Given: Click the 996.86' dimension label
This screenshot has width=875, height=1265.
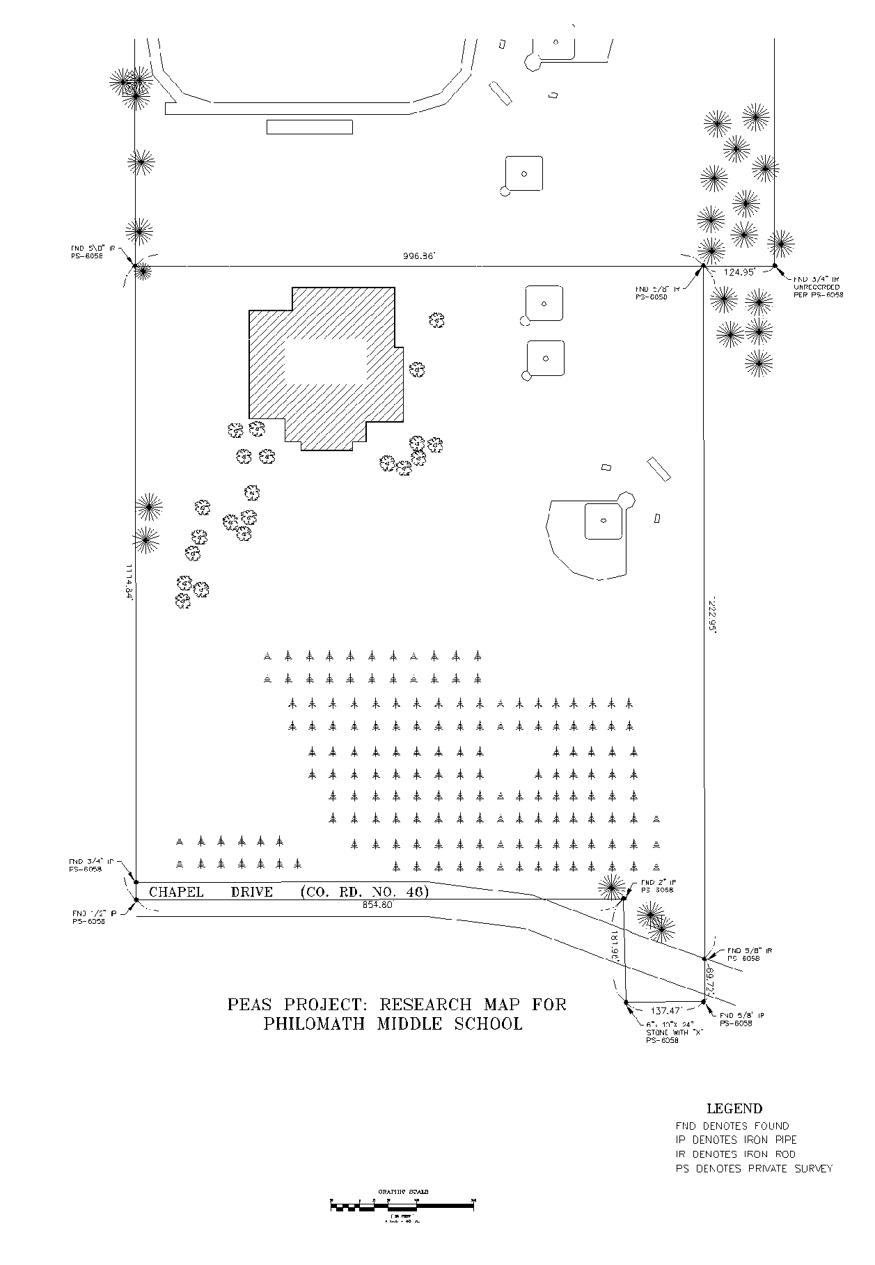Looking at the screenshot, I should tap(418, 256).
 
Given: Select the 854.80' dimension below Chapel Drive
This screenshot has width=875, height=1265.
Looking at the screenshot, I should tap(377, 905).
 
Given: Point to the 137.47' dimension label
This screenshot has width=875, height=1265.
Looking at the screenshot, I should tap(665, 1010).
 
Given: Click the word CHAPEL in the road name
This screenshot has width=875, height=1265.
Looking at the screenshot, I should tap(176, 892).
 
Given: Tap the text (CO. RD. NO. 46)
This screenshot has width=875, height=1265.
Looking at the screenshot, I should tap(364, 892).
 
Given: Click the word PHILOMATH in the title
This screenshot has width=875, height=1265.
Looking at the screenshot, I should tap(317, 1024).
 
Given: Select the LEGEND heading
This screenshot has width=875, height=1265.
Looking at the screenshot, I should tap(734, 1109).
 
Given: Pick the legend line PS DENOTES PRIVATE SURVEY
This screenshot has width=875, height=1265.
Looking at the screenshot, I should tap(754, 1169).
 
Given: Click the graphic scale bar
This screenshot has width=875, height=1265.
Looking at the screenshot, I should tap(402, 1207).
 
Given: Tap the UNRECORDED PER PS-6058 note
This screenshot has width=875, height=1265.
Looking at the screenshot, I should tap(818, 290).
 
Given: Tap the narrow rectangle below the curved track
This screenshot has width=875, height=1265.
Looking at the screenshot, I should tap(310, 127).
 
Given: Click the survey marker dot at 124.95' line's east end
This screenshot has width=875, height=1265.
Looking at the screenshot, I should tap(775, 265).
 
